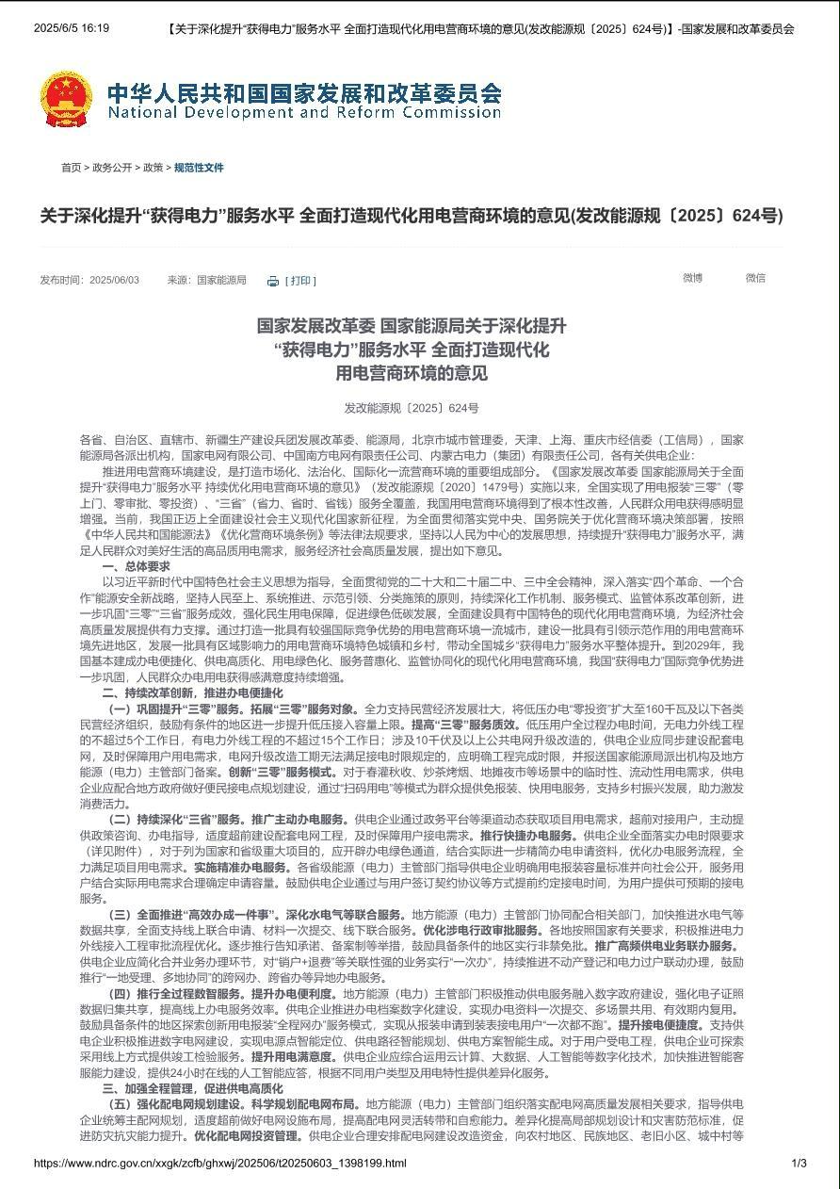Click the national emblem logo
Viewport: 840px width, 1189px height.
coord(66,99)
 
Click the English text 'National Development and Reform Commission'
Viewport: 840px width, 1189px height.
coord(304,113)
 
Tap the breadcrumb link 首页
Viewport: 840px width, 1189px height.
coord(71,168)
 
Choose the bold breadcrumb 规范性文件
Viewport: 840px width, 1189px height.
coord(200,168)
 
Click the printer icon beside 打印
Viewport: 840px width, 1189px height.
coord(273,281)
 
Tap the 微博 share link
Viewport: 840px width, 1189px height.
coord(693,278)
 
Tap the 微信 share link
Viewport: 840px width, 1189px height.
coord(755,278)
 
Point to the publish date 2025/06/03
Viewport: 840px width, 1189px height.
coord(114,281)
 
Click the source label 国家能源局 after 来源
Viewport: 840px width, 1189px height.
coord(221,281)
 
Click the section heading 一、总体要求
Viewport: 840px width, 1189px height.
coord(137,566)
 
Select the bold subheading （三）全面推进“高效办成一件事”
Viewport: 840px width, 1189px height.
coord(195,915)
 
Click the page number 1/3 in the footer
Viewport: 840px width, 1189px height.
coord(799,1164)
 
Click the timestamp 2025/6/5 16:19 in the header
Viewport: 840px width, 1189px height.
coord(72,28)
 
